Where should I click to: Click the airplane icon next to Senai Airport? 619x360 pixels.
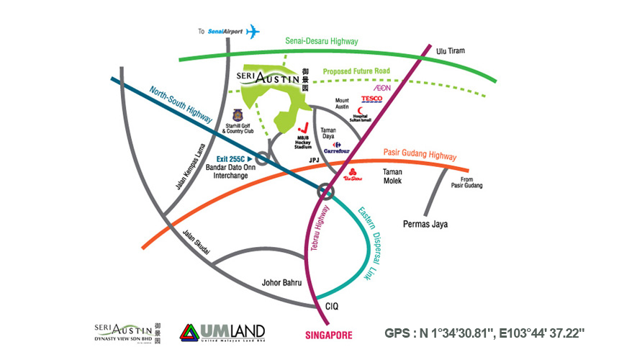coord(253,32)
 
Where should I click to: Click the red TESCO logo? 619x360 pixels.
coord(371,99)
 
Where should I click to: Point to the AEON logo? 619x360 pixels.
coord(381,87)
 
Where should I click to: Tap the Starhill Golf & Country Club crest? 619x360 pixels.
coord(238,114)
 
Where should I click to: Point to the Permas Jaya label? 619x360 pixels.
coord(425,224)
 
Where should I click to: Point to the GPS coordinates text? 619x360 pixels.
coord(484,333)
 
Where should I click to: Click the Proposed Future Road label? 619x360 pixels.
coord(356,72)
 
